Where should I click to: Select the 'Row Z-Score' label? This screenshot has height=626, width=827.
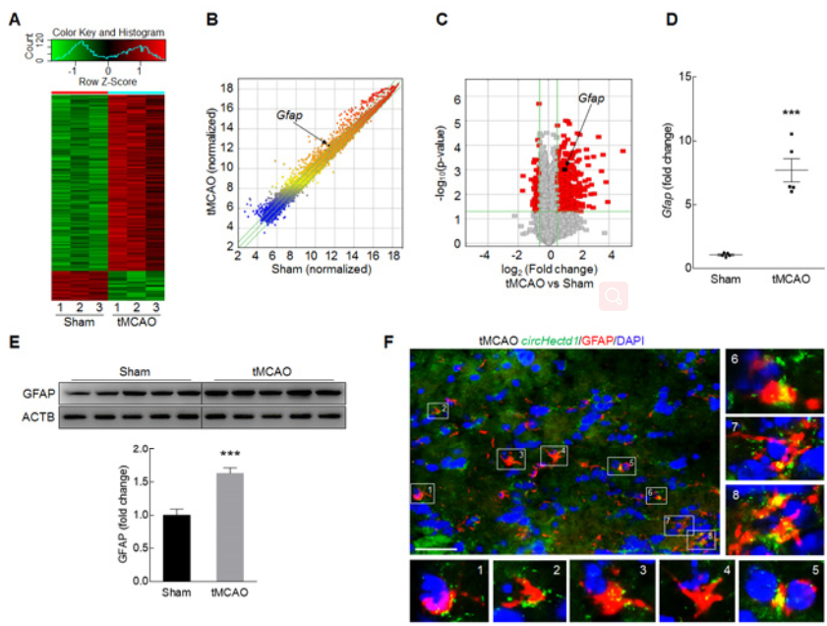108,82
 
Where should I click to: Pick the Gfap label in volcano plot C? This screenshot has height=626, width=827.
591,98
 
